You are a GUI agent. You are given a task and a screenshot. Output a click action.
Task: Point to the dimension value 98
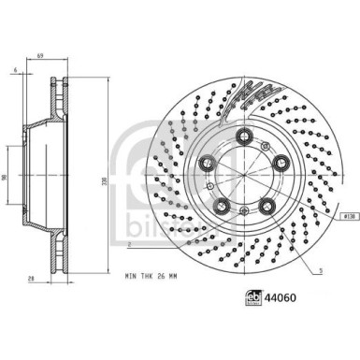click(7, 178)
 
